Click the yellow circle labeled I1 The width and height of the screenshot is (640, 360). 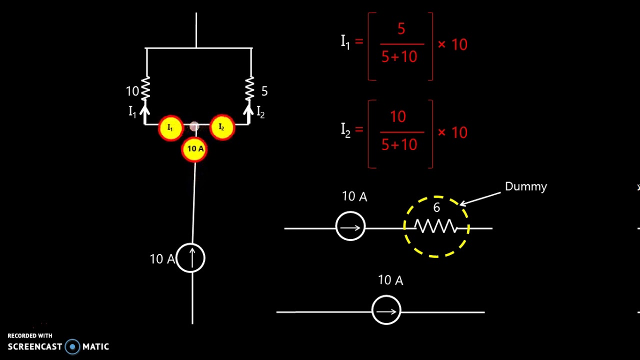[x=170, y=128]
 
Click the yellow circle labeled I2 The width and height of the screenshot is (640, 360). [x=221, y=128]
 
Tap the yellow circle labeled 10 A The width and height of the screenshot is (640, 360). [x=194, y=149]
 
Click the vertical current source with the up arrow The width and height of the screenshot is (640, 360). [x=191, y=258]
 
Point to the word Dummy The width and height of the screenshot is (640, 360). [x=526, y=186]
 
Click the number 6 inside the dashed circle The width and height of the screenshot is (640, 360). [x=436, y=207]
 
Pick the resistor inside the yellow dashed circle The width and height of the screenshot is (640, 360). [x=436, y=227]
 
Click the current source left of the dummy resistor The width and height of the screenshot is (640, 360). [x=350, y=227]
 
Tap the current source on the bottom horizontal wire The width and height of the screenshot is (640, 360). [x=386, y=311]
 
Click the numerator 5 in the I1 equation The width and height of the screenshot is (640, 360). [x=401, y=29]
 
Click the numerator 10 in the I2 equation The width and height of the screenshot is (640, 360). [x=398, y=117]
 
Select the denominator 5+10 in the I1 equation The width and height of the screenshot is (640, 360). [x=399, y=56]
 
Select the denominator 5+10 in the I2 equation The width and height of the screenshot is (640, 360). [x=399, y=144]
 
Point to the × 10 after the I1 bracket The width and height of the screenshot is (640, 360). [x=452, y=44]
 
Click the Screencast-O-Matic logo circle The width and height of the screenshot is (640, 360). [x=72, y=346]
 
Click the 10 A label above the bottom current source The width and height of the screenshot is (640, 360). [x=390, y=280]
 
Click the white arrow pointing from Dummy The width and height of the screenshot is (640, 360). [x=480, y=198]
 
